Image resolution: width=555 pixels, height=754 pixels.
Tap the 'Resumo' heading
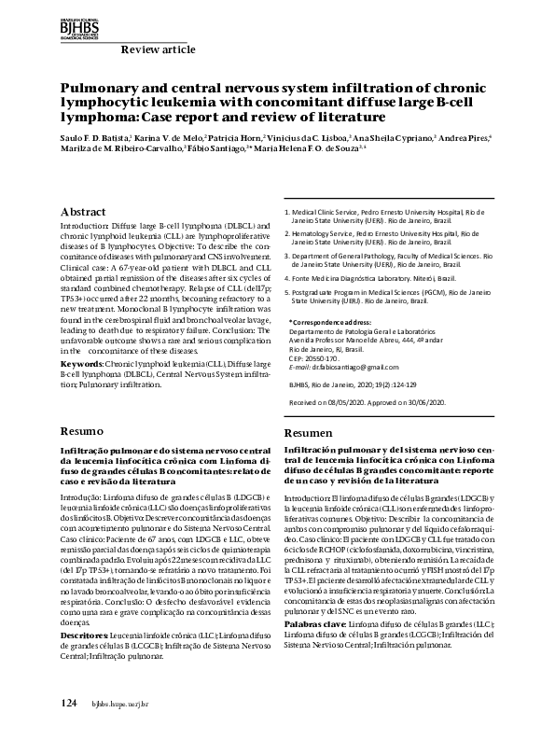[81, 433]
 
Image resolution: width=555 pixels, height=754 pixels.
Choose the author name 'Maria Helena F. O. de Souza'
[319, 148]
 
